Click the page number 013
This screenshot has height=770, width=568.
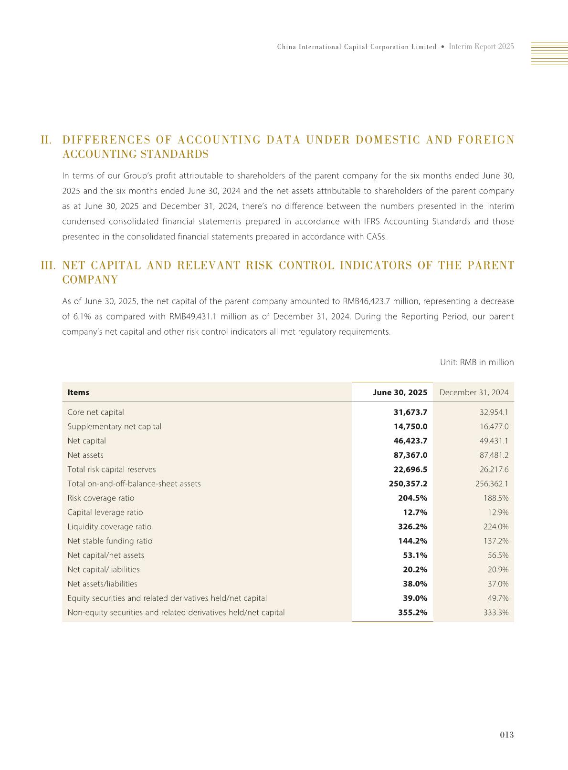pos(506,735)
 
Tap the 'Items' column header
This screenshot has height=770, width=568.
pos(78,392)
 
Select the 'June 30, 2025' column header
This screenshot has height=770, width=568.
pos(400,392)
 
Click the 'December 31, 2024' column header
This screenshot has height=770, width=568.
pos(473,392)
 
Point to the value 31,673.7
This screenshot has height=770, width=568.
pos(410,412)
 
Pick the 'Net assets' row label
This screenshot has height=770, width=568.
pos(85,455)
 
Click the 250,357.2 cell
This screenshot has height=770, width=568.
pos(408,483)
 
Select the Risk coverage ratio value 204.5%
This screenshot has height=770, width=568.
pos(412,498)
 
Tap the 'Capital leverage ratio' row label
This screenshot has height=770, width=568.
pos(105,512)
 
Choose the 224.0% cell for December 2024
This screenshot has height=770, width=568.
pos(496,526)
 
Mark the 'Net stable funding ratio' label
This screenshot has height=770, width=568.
pos(110,541)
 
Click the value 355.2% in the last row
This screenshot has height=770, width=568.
pos(412,612)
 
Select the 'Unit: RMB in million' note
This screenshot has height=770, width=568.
pos(476,362)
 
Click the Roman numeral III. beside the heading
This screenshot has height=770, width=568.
pos(48,266)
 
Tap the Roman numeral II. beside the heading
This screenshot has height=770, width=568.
pos(46,140)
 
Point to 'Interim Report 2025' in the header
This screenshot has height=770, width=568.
pos(481,47)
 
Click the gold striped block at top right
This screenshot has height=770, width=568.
pos(549,53)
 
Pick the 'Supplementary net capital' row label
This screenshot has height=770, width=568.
pos(115,426)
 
